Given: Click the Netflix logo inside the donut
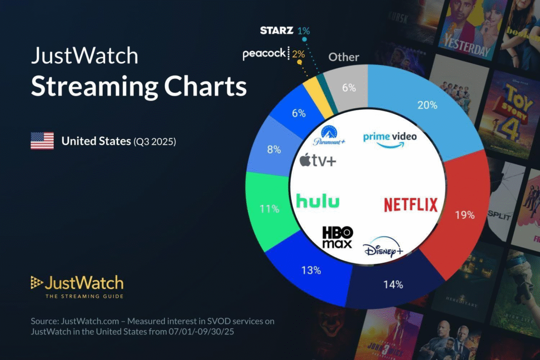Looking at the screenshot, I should pyautogui.click(x=411, y=204).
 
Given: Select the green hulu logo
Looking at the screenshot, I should pyautogui.click(x=318, y=201).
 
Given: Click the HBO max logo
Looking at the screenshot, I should pyautogui.click(x=337, y=237).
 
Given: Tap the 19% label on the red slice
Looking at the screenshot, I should pyautogui.click(x=465, y=214).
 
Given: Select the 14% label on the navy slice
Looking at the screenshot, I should pyautogui.click(x=393, y=284).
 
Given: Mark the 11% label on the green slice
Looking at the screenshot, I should pyautogui.click(x=268, y=208).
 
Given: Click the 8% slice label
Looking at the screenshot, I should pyautogui.click(x=274, y=150).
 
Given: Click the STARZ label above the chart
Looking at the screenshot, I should pyautogui.click(x=276, y=30).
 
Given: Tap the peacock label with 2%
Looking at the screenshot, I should pyautogui.click(x=264, y=54).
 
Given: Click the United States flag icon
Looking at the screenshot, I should pyautogui.click(x=42, y=141).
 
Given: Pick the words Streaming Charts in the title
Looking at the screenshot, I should pyautogui.click(x=139, y=86).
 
